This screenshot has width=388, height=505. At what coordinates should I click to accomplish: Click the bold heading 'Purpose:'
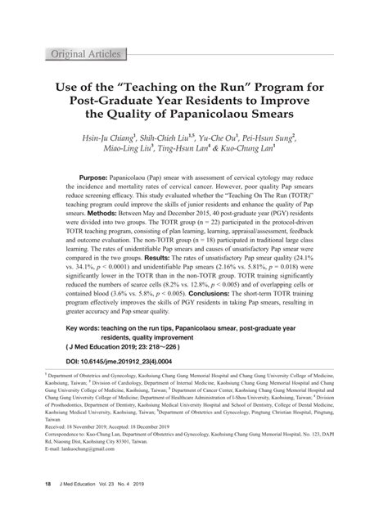point(97,178)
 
